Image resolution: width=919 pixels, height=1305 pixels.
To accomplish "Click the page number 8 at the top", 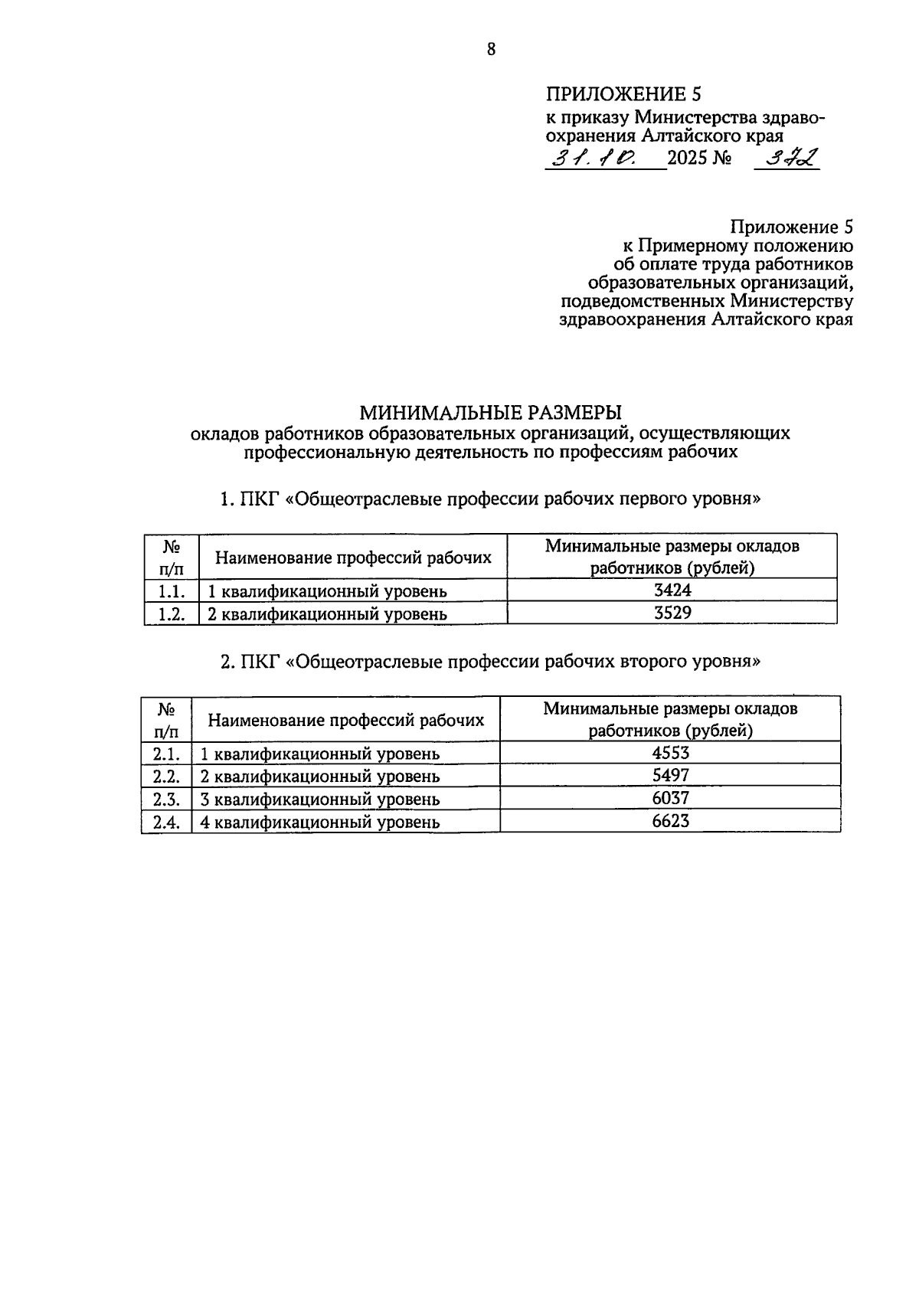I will pos(491,51).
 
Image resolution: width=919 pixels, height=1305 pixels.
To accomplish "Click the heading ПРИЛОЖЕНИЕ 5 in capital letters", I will pos(623,94).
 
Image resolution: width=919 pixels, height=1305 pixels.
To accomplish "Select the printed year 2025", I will pos(688,159).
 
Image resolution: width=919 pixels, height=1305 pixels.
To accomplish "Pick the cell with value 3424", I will pos(672,590).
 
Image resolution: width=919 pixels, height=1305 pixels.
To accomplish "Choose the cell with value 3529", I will pos(672,613).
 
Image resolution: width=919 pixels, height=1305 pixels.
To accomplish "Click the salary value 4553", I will pos(670,752).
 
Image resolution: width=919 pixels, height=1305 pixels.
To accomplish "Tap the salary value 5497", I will pos(670,775).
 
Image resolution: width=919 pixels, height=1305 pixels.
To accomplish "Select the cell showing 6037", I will pos(670,798).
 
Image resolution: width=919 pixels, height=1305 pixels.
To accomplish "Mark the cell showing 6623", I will pos(670,821).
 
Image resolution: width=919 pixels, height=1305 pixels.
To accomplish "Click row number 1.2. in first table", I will pos(172,613).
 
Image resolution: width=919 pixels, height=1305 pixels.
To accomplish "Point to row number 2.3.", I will pos(166,799).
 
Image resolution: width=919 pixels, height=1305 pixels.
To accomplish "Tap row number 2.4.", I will pos(166,822).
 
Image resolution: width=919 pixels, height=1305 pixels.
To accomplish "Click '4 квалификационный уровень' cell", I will pos(319,823).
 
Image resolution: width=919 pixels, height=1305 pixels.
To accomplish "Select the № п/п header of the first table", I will pos(172,557).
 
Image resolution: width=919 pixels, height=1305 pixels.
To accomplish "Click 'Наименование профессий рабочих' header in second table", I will pos(346,720).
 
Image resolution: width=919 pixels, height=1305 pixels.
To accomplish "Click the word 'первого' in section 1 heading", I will pos(652,499).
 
